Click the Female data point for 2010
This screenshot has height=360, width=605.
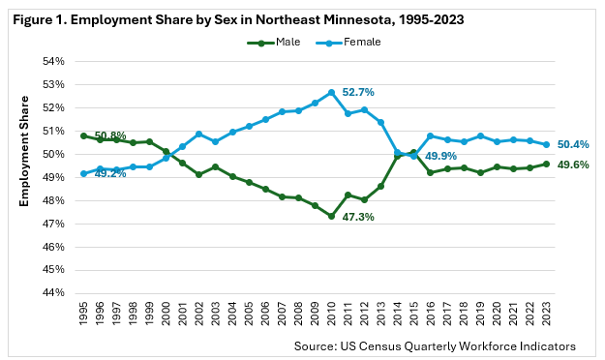pyautogui.click(x=331, y=93)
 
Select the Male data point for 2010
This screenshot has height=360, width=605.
pyautogui.click(x=331, y=217)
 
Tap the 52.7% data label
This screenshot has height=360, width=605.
pyautogui.click(x=358, y=92)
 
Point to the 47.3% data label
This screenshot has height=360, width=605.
pyautogui.click(x=358, y=217)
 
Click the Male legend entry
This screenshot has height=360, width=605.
pyautogui.click(x=274, y=42)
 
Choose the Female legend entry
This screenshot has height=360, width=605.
pyautogui.click(x=348, y=42)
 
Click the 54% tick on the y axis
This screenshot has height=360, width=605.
pyautogui.click(x=53, y=61)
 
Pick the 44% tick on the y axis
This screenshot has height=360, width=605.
pyautogui.click(x=53, y=293)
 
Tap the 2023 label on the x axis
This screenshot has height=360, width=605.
pyautogui.click(x=546, y=314)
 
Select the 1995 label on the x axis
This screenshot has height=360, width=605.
pyautogui.click(x=83, y=314)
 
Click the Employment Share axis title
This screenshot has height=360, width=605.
pyautogui.click(x=24, y=151)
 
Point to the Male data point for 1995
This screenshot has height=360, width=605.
pyautogui.click(x=83, y=135)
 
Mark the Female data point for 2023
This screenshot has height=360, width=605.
pyautogui.click(x=546, y=145)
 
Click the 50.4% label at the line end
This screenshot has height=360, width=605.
pyautogui.click(x=573, y=145)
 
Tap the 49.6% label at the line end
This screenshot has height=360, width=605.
pyautogui.click(x=573, y=165)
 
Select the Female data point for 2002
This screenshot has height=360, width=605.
pyautogui.click(x=199, y=135)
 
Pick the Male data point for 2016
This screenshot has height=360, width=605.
pyautogui.click(x=431, y=172)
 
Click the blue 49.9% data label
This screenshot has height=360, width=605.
pyautogui.click(x=440, y=156)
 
